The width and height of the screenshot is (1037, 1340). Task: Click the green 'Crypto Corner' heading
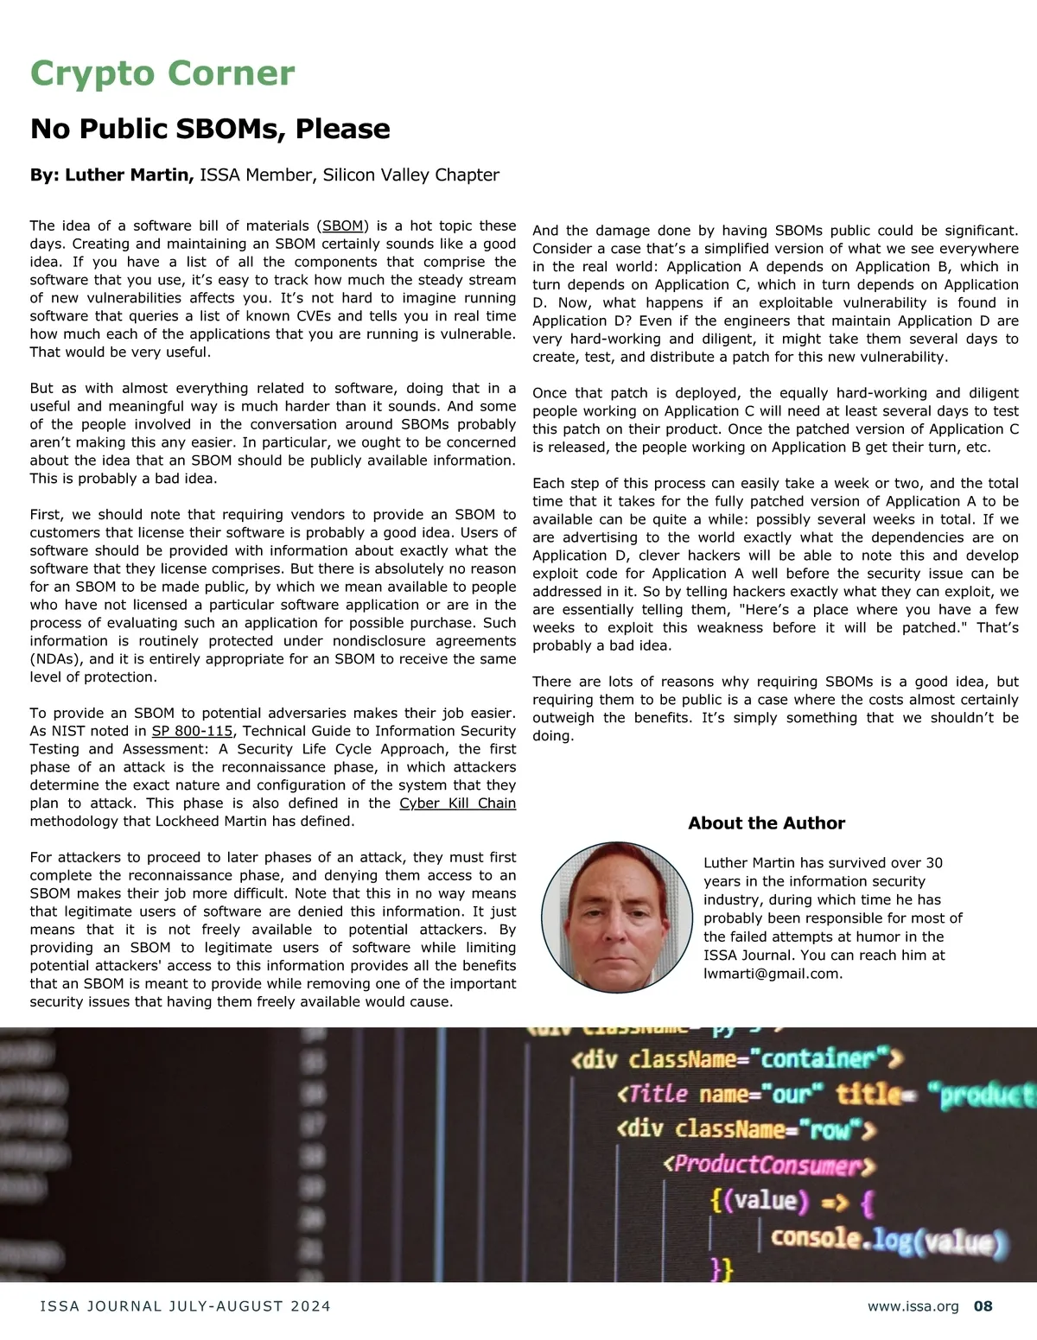tap(162, 73)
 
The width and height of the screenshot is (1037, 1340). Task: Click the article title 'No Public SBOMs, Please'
tap(210, 129)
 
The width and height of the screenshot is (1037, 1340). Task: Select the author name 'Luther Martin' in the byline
tap(128, 175)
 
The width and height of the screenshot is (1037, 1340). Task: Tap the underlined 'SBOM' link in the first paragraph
tap(342, 225)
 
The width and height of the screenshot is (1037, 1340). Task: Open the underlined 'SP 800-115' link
tap(192, 731)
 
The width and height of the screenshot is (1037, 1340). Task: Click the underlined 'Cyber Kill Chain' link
tap(457, 803)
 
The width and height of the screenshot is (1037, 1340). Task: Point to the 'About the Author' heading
tap(767, 823)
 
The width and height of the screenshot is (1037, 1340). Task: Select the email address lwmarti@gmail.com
tap(772, 974)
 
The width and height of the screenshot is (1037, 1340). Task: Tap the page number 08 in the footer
tap(983, 1306)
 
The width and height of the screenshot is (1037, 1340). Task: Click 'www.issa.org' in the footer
tap(913, 1306)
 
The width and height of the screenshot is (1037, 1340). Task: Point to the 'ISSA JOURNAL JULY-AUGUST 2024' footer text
tap(185, 1306)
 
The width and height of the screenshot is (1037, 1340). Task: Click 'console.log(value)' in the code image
tap(889, 1240)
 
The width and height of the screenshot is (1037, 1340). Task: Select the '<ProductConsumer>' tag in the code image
tap(769, 1165)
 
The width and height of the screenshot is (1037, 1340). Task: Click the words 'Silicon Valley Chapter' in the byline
tap(410, 175)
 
